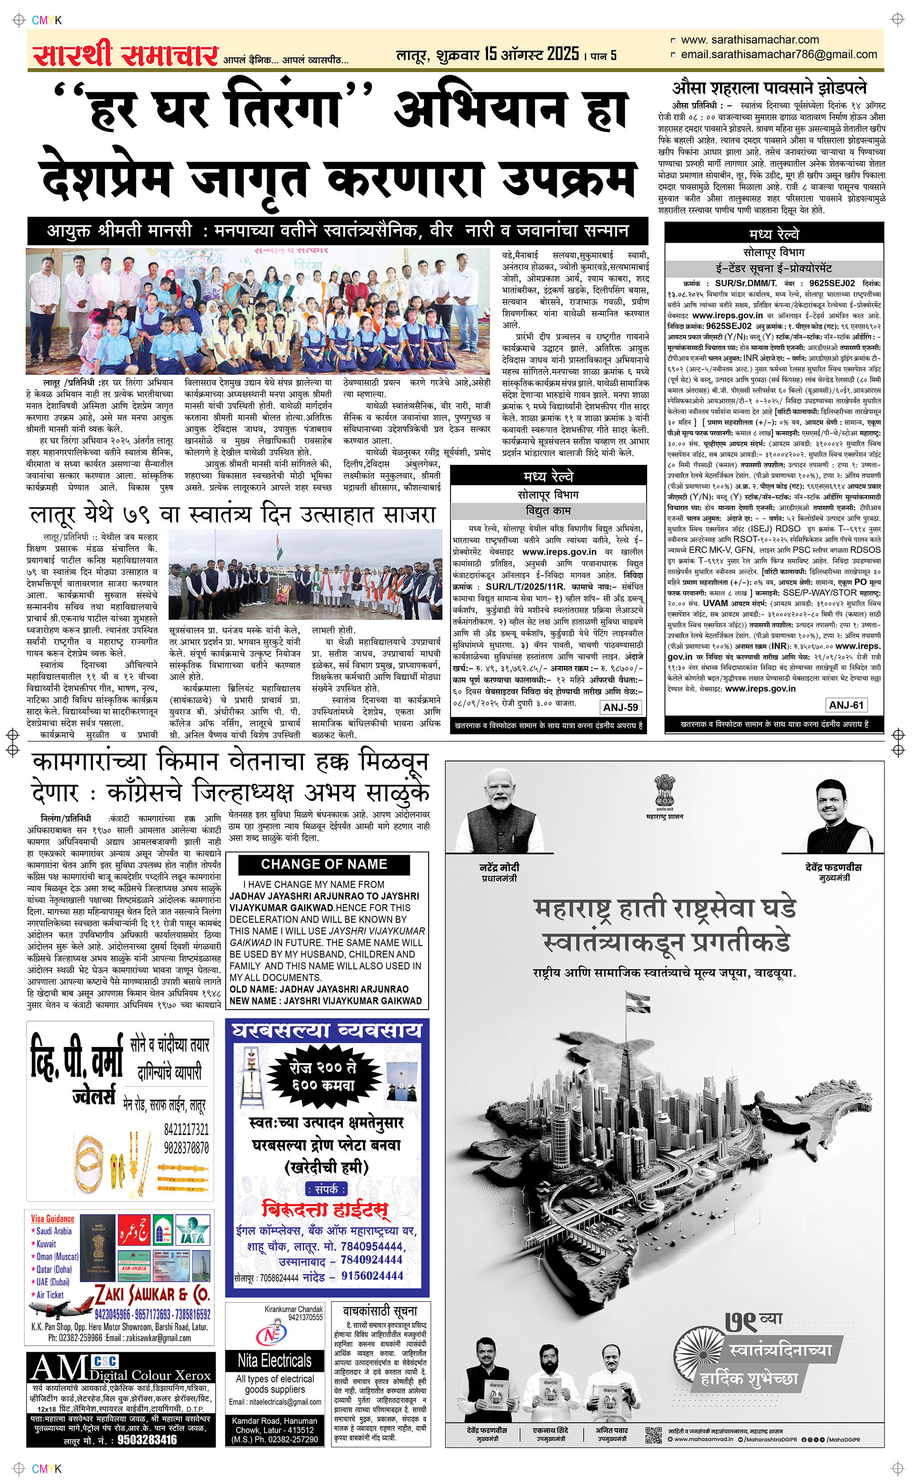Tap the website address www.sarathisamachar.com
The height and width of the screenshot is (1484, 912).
(749, 40)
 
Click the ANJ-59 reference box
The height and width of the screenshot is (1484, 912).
(621, 707)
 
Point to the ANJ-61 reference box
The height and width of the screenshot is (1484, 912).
(846, 705)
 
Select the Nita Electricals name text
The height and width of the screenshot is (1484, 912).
(275, 1360)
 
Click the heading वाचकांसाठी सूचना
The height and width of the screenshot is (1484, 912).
(380, 1311)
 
